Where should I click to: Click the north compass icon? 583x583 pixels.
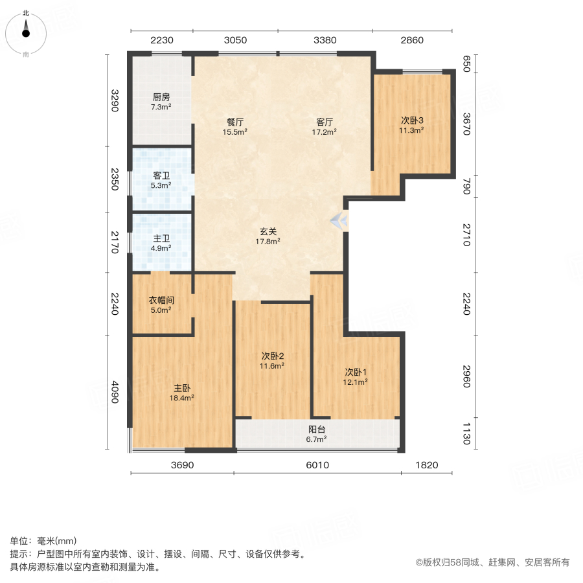pyautogui.click(x=26, y=32)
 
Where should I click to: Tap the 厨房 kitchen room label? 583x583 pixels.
pyautogui.click(x=161, y=97)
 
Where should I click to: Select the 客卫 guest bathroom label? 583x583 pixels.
pyautogui.click(x=161, y=176)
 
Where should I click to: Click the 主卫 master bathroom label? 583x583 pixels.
pyautogui.click(x=161, y=238)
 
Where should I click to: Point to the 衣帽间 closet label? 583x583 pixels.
pyautogui.click(x=161, y=301)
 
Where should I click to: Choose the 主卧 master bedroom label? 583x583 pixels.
pyautogui.click(x=182, y=389)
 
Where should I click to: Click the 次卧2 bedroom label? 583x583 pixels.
pyautogui.click(x=273, y=356)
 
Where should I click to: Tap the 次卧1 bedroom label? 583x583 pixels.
pyautogui.click(x=356, y=372)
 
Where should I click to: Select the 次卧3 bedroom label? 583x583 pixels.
pyautogui.click(x=411, y=120)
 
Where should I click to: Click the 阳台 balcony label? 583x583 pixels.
pyautogui.click(x=316, y=429)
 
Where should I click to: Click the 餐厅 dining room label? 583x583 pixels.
pyautogui.click(x=235, y=122)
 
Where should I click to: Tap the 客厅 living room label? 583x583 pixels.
pyautogui.click(x=325, y=122)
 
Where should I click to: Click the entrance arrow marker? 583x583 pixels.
pyautogui.click(x=339, y=222)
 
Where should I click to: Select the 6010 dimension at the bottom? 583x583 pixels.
pyautogui.click(x=317, y=465)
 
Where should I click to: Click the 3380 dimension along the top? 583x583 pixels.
pyautogui.click(x=325, y=40)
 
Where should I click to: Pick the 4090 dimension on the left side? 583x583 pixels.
pyautogui.click(x=115, y=391)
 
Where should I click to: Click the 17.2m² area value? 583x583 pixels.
pyautogui.click(x=325, y=131)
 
